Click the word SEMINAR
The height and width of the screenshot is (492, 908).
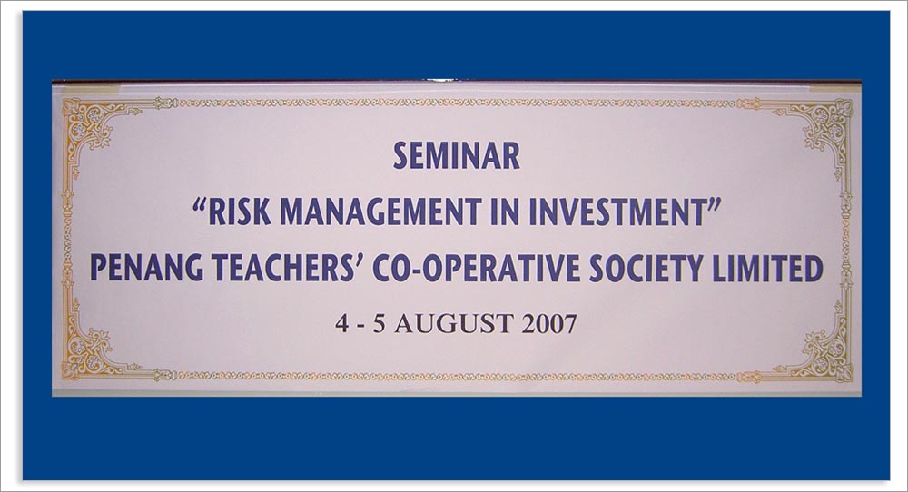pyautogui.click(x=457, y=156)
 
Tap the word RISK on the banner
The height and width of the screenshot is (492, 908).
pyautogui.click(x=239, y=212)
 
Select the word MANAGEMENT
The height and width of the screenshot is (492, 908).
pyautogui.click(x=380, y=212)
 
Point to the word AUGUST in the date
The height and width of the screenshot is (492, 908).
pyautogui.click(x=453, y=323)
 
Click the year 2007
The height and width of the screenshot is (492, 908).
pyautogui.click(x=549, y=323)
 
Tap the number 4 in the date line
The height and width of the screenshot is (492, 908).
pyautogui.click(x=341, y=323)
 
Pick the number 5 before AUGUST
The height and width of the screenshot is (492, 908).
pyautogui.click(x=379, y=323)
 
